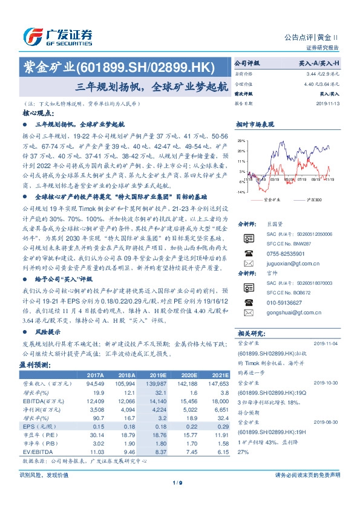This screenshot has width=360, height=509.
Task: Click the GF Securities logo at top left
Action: coord(57,36)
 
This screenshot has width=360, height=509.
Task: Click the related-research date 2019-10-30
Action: coord(329,384)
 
